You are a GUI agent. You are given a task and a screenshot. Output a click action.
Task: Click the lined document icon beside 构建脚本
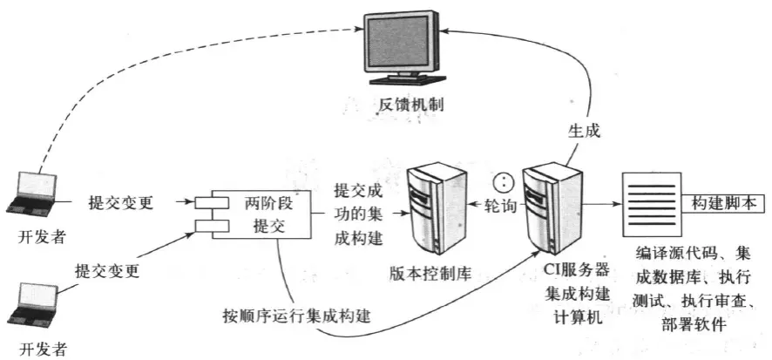tap(649, 202)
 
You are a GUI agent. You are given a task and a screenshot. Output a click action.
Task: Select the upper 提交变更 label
tap(121, 202)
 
